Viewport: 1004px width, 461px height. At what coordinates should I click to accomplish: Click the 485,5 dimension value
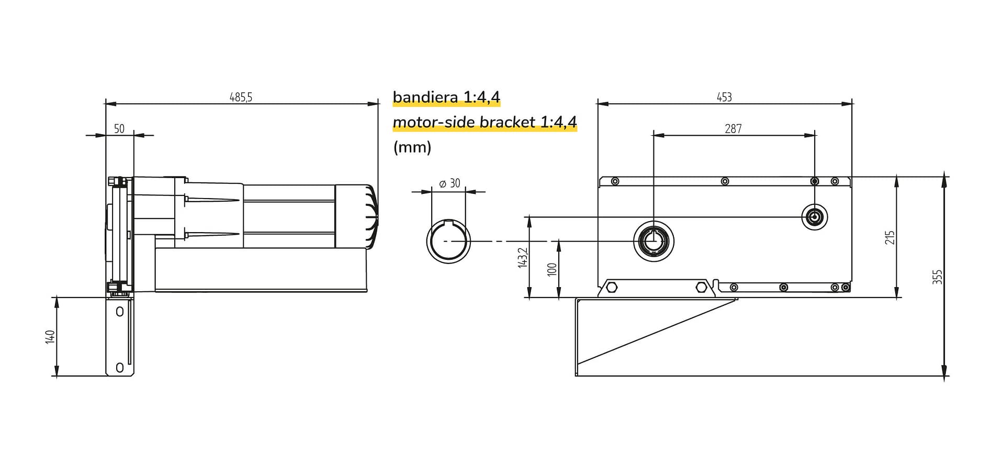pos(241,97)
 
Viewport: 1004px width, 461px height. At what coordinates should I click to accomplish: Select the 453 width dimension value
pos(724,97)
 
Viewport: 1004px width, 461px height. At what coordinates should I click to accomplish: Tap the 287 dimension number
pos(733,129)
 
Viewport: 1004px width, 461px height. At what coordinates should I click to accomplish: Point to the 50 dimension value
pos(119,129)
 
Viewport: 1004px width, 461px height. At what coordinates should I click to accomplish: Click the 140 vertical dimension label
pos(50,336)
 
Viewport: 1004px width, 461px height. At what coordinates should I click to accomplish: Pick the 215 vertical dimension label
pos(890,237)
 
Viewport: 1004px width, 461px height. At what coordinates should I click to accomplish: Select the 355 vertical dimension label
pos(937,277)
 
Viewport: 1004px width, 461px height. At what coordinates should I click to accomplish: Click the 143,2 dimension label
pos(523,258)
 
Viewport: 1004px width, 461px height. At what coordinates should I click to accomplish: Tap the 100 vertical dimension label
pos(551,270)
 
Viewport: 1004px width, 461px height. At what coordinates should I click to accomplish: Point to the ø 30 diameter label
pos(449,183)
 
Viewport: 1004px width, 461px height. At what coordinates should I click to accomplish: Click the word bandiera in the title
pos(425,97)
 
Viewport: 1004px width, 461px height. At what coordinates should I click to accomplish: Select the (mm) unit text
pos(412,147)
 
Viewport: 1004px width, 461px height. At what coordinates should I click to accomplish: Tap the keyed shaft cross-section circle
pos(448,241)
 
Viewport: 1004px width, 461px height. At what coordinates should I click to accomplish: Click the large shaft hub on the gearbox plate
pos(653,241)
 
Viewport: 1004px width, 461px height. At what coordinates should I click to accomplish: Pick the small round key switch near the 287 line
pos(815,217)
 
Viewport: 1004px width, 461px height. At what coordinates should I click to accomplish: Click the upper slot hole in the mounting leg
pos(120,312)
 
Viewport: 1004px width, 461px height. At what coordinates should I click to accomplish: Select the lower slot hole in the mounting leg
pos(120,367)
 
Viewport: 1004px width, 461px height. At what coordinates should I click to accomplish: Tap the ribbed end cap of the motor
pos(371,216)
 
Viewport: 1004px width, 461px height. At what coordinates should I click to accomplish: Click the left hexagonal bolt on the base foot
pos(612,288)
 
